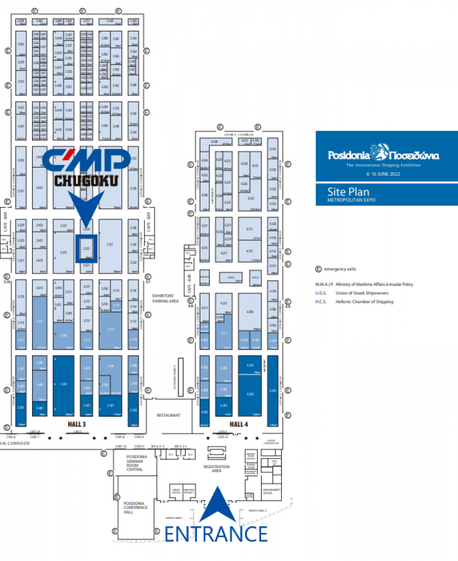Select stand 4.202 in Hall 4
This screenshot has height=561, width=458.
250,394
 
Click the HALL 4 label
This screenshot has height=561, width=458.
239,424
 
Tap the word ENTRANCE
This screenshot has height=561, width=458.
216,534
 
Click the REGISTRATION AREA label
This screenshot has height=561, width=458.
216,469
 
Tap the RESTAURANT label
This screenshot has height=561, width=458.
169,415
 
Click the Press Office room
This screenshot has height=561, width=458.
176,491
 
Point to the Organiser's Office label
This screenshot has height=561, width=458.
271,491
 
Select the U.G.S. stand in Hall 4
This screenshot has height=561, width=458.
231,278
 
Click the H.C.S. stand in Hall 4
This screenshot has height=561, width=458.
255,278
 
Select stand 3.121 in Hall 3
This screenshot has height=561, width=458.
110,245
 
